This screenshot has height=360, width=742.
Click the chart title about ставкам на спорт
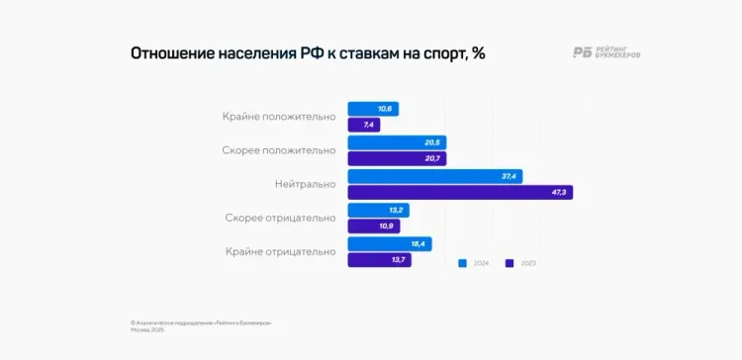coord(308,53)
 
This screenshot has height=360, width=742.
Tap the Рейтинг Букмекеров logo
coord(605,53)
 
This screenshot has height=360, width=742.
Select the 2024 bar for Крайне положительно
coord(373,109)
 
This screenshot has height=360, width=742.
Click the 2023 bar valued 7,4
coord(364,126)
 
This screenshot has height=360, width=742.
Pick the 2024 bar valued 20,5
coord(397,142)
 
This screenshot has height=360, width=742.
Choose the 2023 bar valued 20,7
coord(397,159)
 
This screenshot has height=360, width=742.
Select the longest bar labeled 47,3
coord(460,193)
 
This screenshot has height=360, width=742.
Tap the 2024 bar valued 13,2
coord(379,210)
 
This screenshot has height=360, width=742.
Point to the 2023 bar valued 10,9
coord(373,226)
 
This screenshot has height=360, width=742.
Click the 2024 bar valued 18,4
coord(390,243)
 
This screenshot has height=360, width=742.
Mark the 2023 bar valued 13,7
coord(380,260)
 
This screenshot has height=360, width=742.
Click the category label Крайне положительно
coord(279,117)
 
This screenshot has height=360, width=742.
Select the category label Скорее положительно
coord(279,150)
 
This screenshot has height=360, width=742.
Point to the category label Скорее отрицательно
coord(280,218)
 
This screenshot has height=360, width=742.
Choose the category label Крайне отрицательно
coord(280,251)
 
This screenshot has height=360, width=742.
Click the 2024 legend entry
coord(474,264)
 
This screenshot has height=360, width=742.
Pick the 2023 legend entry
coord(520,264)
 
